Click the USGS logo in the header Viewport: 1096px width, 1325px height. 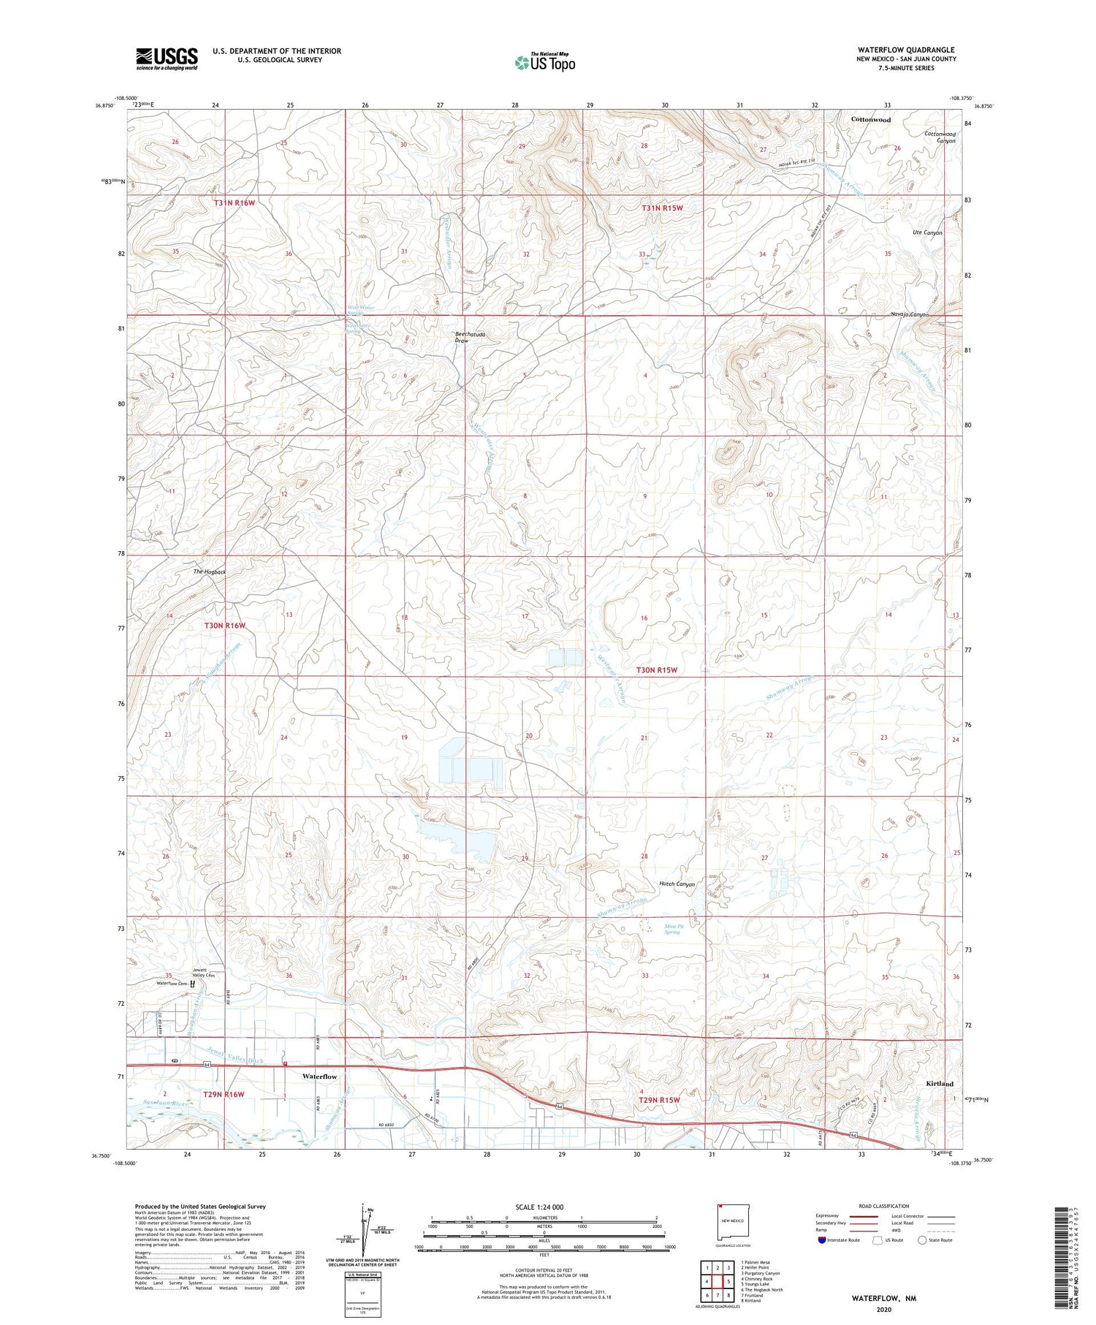point(167,58)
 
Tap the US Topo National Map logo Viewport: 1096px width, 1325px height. point(544,62)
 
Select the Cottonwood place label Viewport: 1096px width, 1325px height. point(870,119)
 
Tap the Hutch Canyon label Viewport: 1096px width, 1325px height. point(677,884)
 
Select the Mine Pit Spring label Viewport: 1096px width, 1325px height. point(672,929)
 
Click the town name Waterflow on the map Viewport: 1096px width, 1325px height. point(320,1077)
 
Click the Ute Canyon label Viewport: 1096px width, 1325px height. point(927,232)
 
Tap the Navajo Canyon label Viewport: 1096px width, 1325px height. point(909,314)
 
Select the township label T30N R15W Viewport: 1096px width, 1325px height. point(655,669)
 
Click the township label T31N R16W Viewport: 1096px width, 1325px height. point(235,202)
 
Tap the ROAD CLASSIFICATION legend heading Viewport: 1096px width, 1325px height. point(883,1206)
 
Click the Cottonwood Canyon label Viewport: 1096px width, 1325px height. point(940,137)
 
